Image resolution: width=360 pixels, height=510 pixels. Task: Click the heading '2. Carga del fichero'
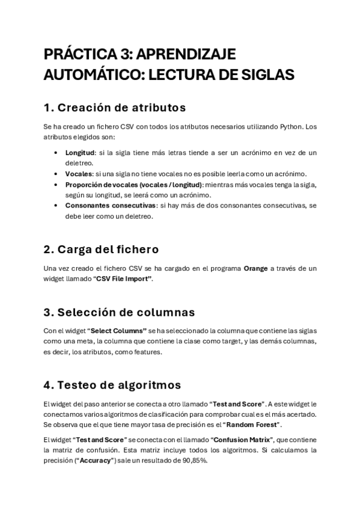click(x=102, y=250)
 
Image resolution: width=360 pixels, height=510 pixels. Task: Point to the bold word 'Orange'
click(x=255, y=268)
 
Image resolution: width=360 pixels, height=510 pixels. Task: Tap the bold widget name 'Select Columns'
click(x=118, y=331)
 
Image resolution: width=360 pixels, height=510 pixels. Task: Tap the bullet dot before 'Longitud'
click(x=56, y=153)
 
